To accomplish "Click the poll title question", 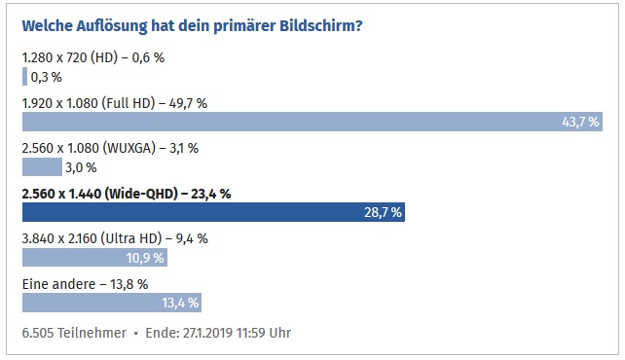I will click(x=192, y=23).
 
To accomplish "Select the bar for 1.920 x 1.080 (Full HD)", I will click(x=312, y=122).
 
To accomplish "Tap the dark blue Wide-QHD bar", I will click(x=213, y=212).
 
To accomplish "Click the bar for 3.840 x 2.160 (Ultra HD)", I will click(x=94, y=258).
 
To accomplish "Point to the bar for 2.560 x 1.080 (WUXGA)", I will click(x=41, y=166).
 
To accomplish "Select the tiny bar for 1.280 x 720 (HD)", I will click(x=24, y=76).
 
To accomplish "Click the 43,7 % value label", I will click(x=580, y=122).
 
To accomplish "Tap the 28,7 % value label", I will click(x=383, y=212).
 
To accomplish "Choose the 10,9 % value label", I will click(x=145, y=258).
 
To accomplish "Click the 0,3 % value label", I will click(x=48, y=76).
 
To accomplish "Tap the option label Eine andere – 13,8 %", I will click(x=85, y=283).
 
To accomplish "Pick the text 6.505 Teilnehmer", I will click(x=73, y=333).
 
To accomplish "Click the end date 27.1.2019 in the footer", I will click(x=211, y=333).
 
